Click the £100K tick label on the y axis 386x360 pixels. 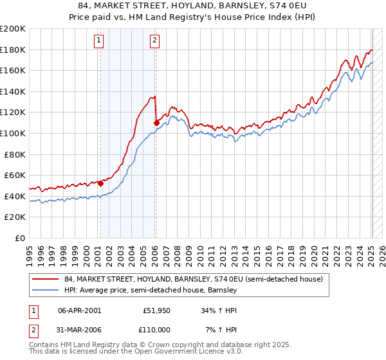point(13,133)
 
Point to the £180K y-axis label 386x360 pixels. point(13,50)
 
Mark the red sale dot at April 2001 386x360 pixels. point(100,184)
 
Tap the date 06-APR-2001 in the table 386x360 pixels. point(79,310)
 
